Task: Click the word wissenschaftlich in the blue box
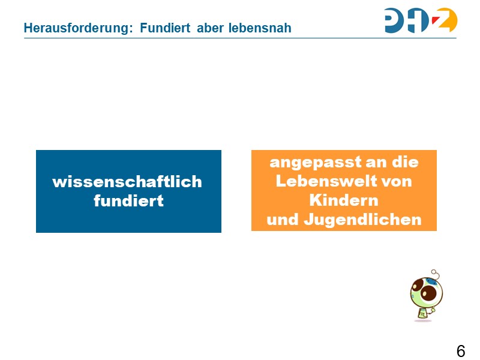pyautogui.click(x=127, y=182)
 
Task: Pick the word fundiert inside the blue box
pyautogui.click(x=128, y=201)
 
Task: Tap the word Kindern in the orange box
pyautogui.click(x=344, y=200)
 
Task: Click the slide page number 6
pyautogui.click(x=460, y=351)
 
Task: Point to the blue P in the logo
pyautogui.click(x=397, y=20)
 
